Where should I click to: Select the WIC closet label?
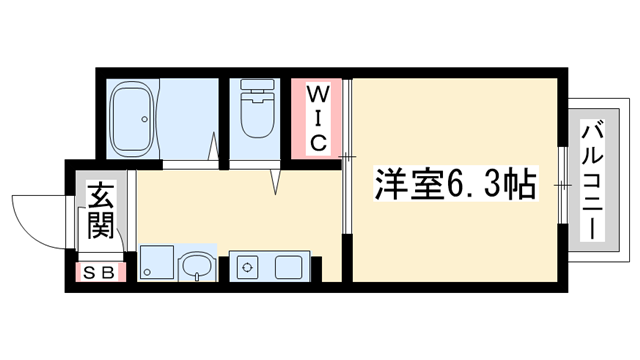pyautogui.click(x=316, y=118)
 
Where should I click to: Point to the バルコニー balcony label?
pyautogui.click(x=591, y=178)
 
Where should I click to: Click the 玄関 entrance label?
pyautogui.click(x=99, y=211)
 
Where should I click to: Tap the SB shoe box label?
pyautogui.click(x=99, y=271)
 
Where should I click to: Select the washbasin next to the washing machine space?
pyautogui.click(x=196, y=266)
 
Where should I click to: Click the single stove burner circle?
pyautogui.click(x=246, y=266)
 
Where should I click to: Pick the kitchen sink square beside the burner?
pyautogui.click(x=288, y=266)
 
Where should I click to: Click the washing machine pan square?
pyautogui.click(x=156, y=264)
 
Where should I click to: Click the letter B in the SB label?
pyautogui.click(x=109, y=271)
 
